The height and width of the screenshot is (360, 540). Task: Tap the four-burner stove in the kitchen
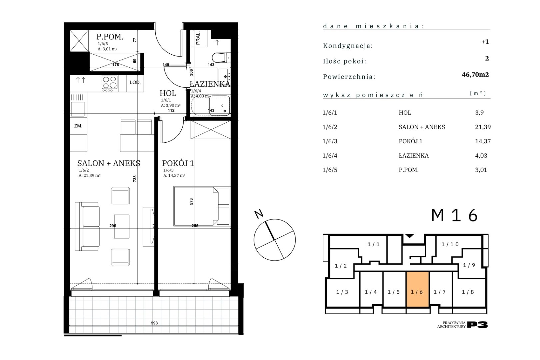pos(110,83)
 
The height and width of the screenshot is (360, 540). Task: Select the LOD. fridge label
pos(135,82)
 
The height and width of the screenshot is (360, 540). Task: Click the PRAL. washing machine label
pos(198,39)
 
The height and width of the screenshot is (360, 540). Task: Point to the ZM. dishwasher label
pos(78,126)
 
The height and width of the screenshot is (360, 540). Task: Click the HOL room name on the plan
pos(168,93)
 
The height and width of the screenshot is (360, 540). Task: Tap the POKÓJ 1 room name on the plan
pos(178,163)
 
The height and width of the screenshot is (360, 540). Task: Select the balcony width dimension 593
pos(154,323)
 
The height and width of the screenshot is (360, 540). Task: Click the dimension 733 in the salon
pos(135,178)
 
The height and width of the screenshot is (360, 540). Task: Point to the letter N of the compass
pos(259,214)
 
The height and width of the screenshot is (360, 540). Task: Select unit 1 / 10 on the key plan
pos(450,244)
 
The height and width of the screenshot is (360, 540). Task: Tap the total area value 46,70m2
pos(475,75)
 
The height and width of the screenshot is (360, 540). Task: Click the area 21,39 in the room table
pos(483,127)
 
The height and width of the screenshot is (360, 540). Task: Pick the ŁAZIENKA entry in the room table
pos(414,156)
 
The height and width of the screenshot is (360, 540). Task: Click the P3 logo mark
pos(478,325)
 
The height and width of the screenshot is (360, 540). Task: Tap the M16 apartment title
pos(454,215)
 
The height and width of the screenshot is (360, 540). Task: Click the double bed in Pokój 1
pos(202,206)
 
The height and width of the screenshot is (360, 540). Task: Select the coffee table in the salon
pos(121,226)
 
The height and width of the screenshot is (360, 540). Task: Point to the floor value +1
pos(485,42)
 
